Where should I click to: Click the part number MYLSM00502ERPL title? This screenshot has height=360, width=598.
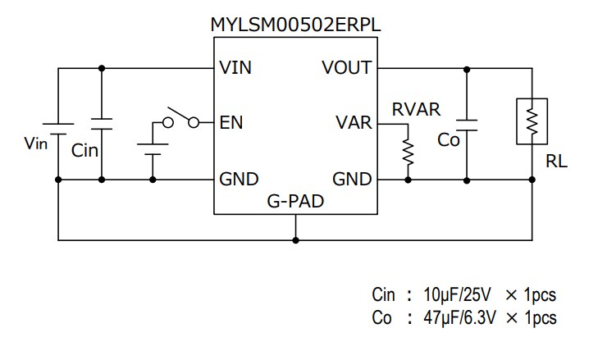(x=296, y=25)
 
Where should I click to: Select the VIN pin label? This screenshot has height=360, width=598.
(x=236, y=68)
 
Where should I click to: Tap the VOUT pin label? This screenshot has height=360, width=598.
(x=346, y=68)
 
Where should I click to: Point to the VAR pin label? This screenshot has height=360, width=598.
(x=354, y=123)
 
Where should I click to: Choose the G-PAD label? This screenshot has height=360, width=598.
(x=295, y=200)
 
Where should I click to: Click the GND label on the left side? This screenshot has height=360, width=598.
(x=239, y=179)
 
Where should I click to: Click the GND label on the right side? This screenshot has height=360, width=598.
(x=352, y=179)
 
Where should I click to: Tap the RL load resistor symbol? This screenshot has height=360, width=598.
(x=531, y=122)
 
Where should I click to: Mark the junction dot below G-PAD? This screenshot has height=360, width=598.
(x=295, y=240)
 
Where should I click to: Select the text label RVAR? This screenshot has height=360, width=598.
(x=417, y=107)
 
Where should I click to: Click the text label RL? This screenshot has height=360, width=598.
(x=556, y=162)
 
